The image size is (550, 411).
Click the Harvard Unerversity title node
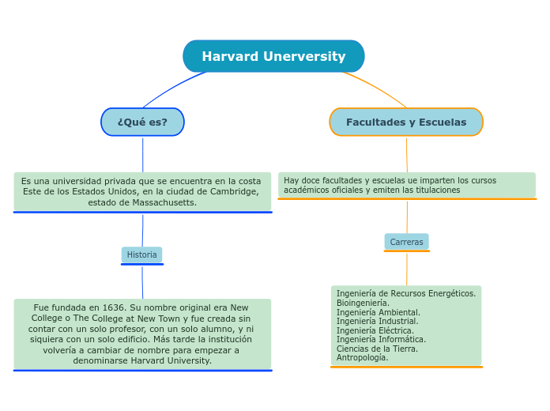click(273, 57)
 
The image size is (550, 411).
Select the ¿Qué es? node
click(142, 122)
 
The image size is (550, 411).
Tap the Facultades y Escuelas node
click(406, 122)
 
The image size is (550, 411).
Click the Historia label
click(142, 255)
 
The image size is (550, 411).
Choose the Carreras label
click(406, 242)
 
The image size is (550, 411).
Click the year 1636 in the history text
click(113, 307)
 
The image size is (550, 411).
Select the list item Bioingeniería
click(363, 303)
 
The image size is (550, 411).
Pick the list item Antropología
click(362, 357)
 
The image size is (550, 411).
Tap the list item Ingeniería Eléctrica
click(375, 330)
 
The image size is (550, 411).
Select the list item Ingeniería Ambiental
click(378, 312)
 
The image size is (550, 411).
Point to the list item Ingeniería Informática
click(381, 339)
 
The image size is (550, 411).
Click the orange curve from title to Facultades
click(379, 87)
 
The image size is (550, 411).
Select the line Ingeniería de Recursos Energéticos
click(405, 293)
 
